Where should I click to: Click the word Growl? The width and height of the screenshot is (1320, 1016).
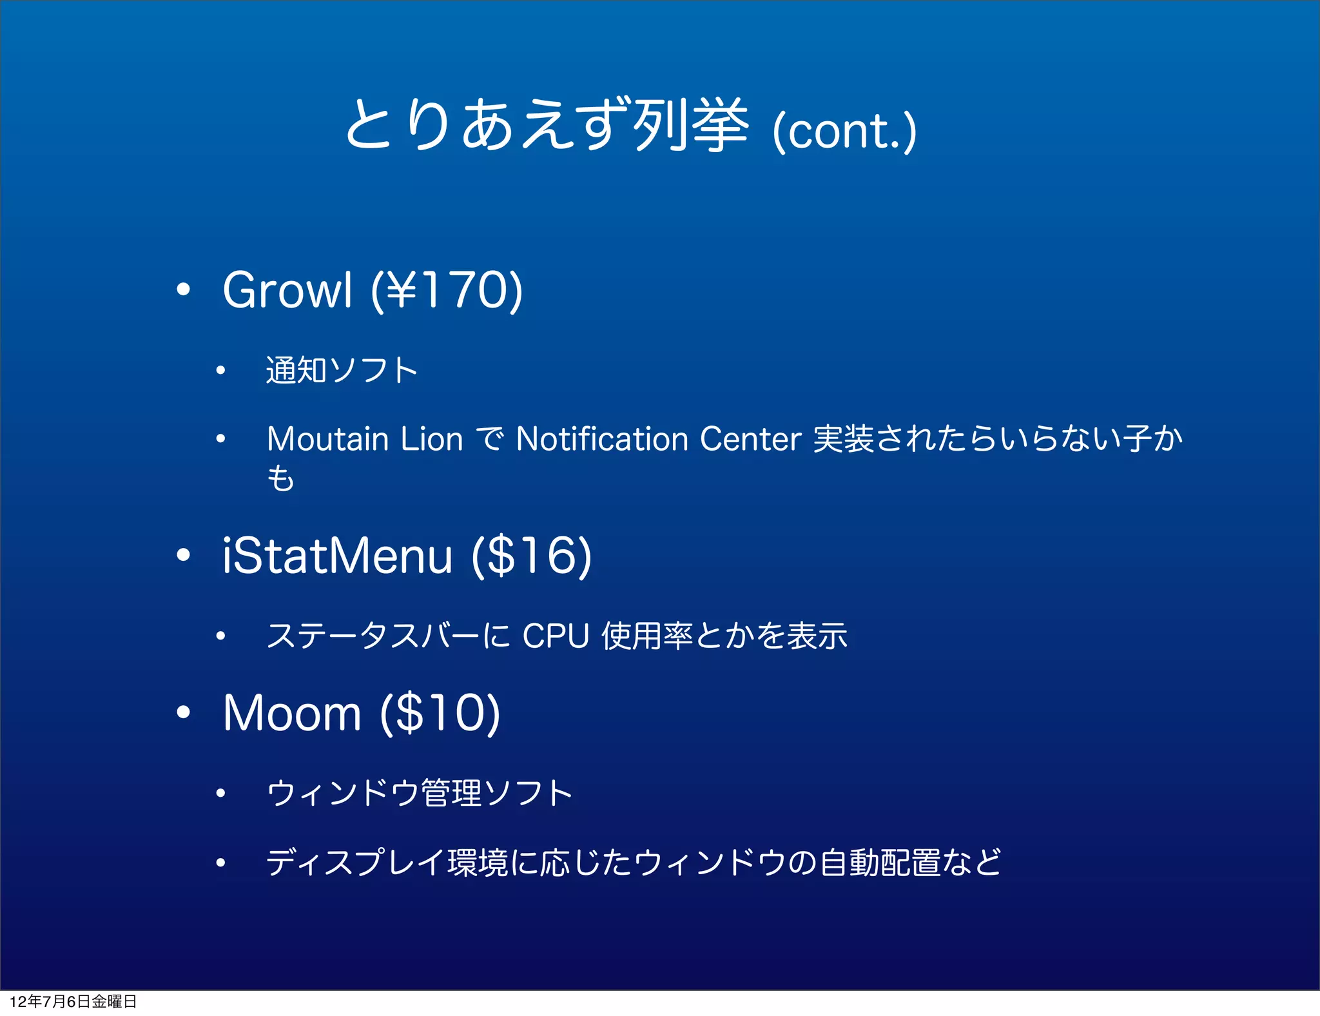click(287, 290)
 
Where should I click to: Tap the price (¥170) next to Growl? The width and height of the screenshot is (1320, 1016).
click(447, 290)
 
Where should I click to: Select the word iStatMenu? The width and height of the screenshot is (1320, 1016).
click(337, 556)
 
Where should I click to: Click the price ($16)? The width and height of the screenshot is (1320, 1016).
click(531, 556)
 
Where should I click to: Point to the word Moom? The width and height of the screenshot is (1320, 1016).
click(291, 713)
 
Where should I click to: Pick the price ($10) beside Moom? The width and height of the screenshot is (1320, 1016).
click(440, 713)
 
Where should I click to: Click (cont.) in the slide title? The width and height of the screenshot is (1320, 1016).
click(844, 131)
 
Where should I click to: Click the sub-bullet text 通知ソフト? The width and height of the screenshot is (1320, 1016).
click(342, 371)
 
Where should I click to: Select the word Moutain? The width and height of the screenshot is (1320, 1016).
click(328, 440)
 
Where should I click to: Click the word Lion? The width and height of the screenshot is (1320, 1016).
click(432, 440)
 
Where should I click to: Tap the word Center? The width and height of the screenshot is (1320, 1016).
click(750, 440)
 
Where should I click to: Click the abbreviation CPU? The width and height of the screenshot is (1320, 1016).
click(556, 636)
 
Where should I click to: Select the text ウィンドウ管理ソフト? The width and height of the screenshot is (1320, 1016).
click(420, 794)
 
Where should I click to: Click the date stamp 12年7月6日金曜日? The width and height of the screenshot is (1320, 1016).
click(73, 1001)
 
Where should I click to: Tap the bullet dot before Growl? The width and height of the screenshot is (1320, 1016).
click(184, 290)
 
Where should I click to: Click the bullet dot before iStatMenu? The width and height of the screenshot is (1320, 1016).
click(184, 555)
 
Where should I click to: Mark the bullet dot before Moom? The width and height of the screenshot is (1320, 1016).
click(184, 712)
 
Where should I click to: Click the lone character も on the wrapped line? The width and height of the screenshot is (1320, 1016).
click(280, 479)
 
